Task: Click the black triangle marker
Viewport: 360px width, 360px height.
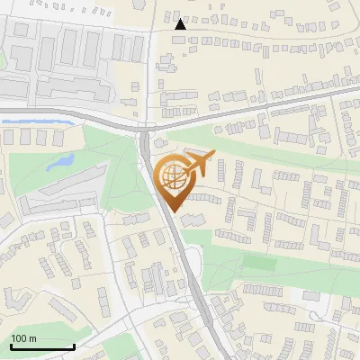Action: click(181, 24)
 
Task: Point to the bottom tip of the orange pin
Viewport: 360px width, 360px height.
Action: click(172, 211)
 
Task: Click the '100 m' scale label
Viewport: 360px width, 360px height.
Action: click(23, 338)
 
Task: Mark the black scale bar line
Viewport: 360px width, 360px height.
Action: click(42, 346)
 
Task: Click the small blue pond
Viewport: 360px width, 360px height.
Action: click(60, 162)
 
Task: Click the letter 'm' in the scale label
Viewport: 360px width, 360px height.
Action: click(32, 338)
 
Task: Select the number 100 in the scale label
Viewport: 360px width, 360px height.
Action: click(19, 338)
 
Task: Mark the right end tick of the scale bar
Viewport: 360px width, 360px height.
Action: click(74, 345)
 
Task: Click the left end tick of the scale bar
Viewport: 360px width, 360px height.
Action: click(10, 345)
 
